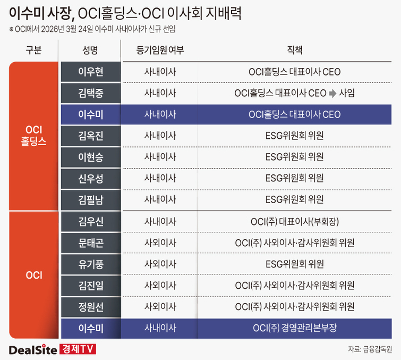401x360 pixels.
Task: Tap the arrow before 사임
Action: [332, 93]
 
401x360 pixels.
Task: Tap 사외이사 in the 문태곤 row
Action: [160, 242]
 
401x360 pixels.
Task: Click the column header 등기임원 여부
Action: [160, 51]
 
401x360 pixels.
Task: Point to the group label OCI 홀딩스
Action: [33, 136]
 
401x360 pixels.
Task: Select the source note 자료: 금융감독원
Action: [370, 349]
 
